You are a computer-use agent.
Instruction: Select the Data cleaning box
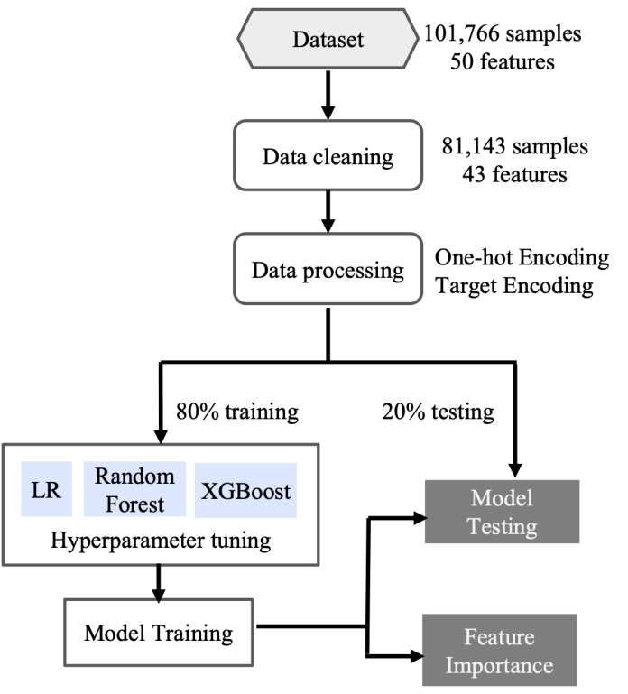coord(328,157)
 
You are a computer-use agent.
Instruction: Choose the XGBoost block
coord(246,493)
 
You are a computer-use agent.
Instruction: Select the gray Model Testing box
coord(513,512)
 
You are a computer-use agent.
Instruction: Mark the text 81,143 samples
coord(514,145)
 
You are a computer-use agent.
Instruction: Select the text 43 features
coord(514,174)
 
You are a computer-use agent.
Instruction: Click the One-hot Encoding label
coord(522,258)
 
